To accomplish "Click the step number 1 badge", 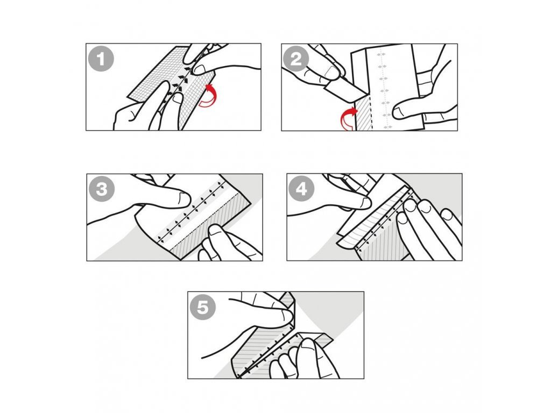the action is [101, 59].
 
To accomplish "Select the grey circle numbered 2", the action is [296, 59].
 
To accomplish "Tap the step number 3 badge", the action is [102, 189].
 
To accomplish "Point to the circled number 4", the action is [301, 189].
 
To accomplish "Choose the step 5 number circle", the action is [202, 307].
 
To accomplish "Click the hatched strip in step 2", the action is [364, 113].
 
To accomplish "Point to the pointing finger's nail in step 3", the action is [184, 198].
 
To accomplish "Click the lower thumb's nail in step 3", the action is [213, 230].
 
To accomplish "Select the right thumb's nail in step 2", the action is [399, 113].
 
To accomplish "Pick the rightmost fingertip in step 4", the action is [447, 213].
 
